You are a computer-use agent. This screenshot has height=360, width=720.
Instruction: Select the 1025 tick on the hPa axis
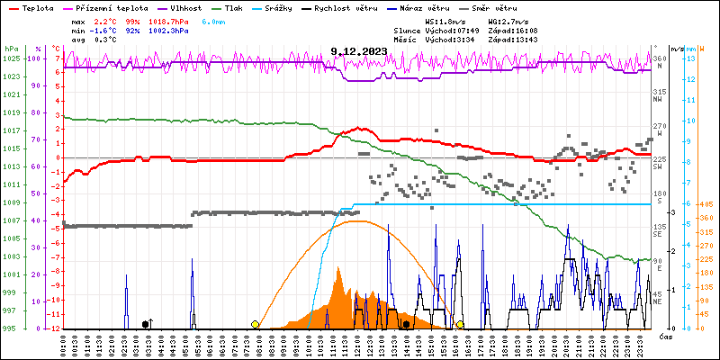tap(11, 58)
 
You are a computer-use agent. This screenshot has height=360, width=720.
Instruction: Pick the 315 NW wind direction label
tap(659, 92)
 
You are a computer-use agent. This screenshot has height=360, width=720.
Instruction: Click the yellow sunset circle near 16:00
tap(460, 324)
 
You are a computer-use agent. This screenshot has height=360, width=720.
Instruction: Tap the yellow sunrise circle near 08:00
tap(256, 324)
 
